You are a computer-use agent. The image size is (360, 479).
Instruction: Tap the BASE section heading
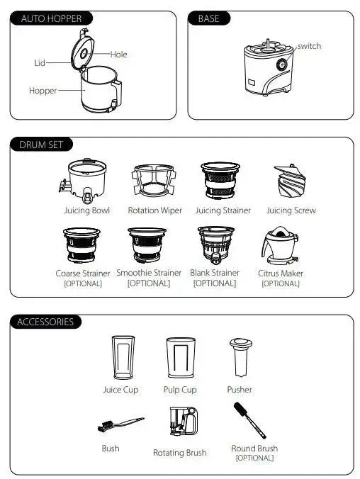coord(209,18)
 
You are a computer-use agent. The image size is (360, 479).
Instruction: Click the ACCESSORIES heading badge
coord(45,322)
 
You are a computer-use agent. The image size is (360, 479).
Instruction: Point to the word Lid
coord(40,63)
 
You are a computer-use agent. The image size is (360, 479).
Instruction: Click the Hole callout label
coord(118,55)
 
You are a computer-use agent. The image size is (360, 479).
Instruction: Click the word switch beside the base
coord(309,46)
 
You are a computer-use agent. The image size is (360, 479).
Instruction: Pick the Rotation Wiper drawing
coord(154,181)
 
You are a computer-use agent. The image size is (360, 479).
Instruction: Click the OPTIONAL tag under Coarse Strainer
coord(82,283)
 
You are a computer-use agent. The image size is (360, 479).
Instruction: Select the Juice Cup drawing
coord(121,358)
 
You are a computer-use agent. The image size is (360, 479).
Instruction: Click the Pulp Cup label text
coord(180,390)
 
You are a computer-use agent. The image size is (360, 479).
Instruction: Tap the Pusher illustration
coord(239,358)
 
